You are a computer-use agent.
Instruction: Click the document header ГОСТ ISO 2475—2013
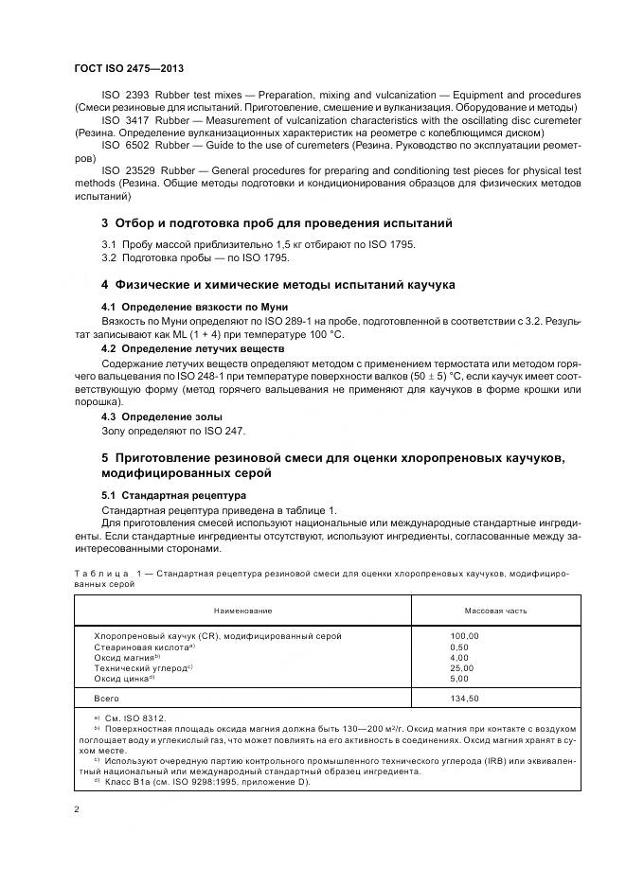(128, 68)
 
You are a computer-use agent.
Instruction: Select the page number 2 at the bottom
(77, 810)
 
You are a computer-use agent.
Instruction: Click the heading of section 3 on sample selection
(277, 223)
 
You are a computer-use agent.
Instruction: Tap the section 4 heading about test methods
(277, 284)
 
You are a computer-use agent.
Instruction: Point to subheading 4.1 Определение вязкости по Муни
(194, 308)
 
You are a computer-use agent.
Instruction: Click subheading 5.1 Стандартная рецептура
(173, 495)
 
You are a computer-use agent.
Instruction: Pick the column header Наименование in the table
(241, 611)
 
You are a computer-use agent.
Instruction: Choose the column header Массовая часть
(495, 611)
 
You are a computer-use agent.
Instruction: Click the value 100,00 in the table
(465, 636)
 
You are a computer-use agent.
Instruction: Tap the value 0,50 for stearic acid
(459, 647)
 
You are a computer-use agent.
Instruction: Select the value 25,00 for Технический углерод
(462, 667)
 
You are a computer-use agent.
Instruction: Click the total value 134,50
(465, 699)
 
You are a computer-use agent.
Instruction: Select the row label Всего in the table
(107, 699)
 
